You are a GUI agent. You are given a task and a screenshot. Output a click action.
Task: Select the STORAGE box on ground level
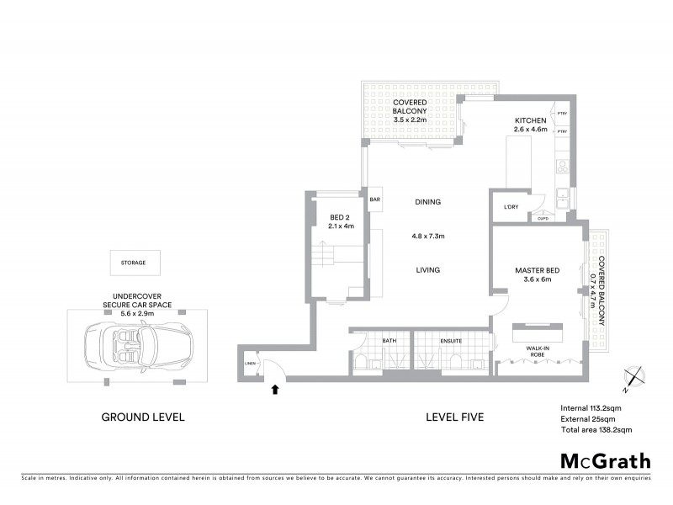click(x=132, y=263)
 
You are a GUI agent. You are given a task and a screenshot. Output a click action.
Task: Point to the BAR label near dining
click(x=375, y=199)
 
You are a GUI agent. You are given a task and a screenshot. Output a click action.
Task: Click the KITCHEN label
click(x=531, y=121)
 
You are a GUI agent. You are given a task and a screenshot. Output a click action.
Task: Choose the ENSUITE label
click(x=451, y=340)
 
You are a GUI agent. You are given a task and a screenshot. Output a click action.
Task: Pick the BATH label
click(x=389, y=340)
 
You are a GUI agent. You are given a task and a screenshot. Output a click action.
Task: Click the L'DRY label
click(x=510, y=207)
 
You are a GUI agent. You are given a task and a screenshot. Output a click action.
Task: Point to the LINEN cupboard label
click(x=250, y=363)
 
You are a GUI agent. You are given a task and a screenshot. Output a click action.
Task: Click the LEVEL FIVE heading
click(x=454, y=417)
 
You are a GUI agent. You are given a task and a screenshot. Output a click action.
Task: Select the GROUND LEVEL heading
click(x=142, y=417)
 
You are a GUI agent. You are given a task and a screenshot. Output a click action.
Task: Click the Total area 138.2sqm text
click(x=596, y=429)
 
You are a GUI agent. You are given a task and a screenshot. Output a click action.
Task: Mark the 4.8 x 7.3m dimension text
click(x=427, y=236)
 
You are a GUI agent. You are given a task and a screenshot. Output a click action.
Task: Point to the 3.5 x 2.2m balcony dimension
click(x=411, y=120)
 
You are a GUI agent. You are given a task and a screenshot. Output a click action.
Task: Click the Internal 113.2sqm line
click(x=595, y=408)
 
